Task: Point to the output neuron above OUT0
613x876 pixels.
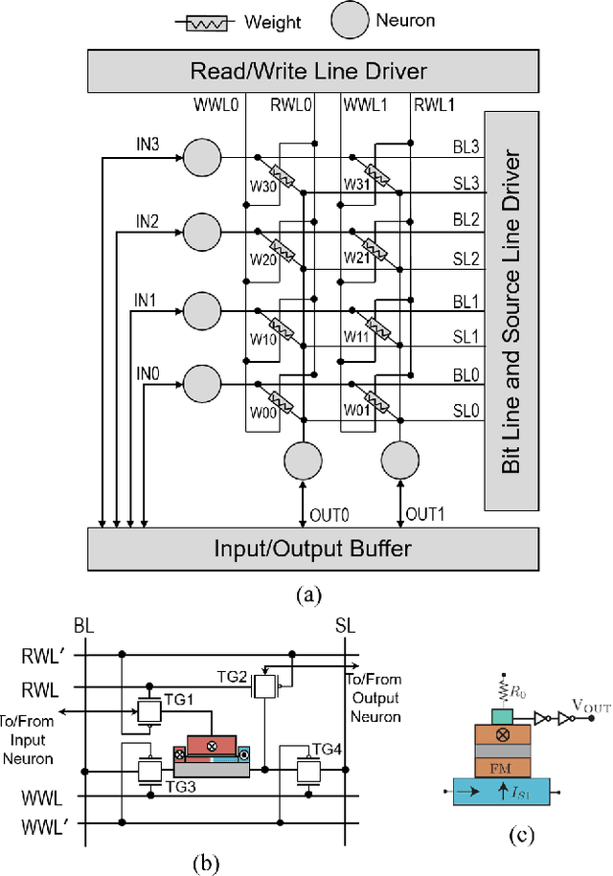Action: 303,461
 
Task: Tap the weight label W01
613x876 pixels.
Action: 357,412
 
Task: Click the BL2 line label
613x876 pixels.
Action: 465,219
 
